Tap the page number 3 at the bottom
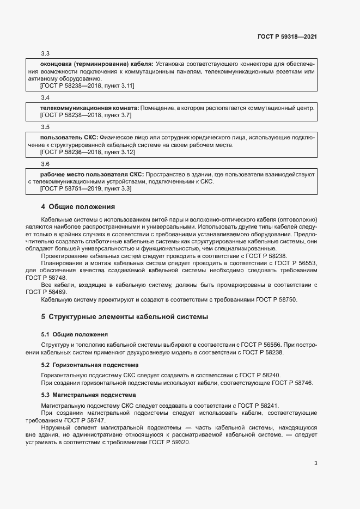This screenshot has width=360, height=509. click(315, 463)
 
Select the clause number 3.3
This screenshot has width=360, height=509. click(45, 53)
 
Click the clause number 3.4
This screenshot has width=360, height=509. click(45, 97)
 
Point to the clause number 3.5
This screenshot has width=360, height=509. click(45, 127)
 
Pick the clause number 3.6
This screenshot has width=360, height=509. click(45, 164)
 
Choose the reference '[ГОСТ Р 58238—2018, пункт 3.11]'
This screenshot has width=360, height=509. click(87, 86)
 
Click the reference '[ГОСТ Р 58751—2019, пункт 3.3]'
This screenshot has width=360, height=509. click(86, 189)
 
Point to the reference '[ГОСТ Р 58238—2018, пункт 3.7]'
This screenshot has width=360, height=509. click(86, 115)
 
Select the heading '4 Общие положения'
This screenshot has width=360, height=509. click(78, 207)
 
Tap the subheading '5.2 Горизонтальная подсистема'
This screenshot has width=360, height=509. click(90, 365)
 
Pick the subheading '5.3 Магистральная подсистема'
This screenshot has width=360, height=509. click(89, 394)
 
